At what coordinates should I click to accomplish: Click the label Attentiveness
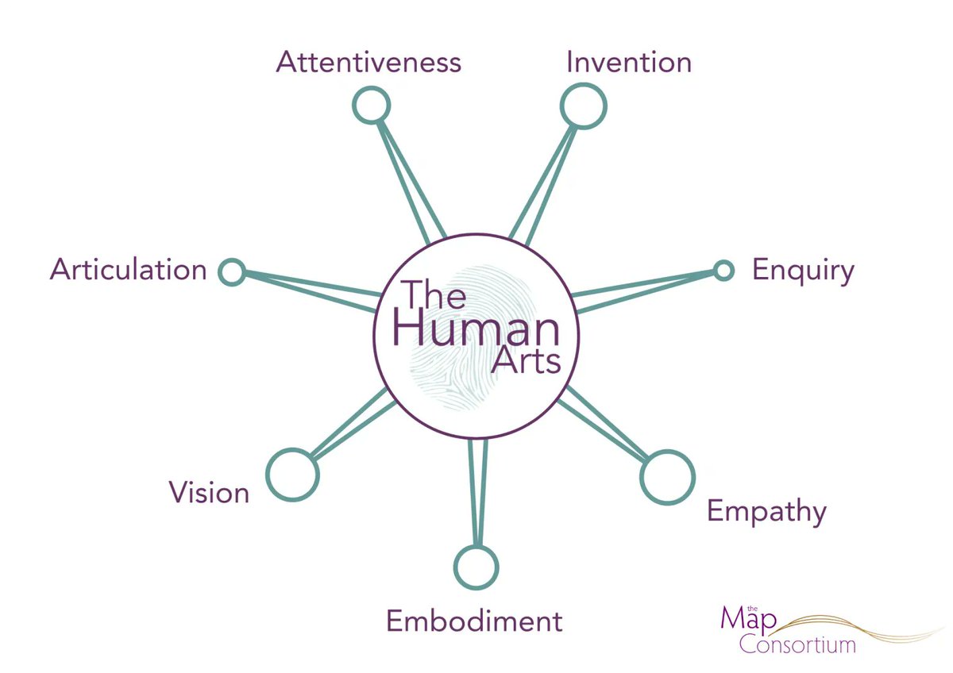tap(368, 62)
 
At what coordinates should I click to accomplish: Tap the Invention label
tap(628, 62)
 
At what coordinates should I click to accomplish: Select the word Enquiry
tap(803, 271)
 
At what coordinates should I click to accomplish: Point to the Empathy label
tap(766, 511)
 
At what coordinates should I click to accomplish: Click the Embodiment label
tap(474, 621)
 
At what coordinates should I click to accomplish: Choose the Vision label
tap(209, 493)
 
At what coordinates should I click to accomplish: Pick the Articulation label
tap(129, 270)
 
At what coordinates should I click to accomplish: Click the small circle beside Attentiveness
tap(371, 106)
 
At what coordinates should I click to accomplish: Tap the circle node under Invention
tap(584, 106)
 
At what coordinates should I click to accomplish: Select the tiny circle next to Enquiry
tap(723, 271)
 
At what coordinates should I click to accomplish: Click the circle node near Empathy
tap(668, 477)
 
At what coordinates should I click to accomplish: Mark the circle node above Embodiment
tap(476, 567)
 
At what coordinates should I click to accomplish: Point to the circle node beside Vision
tap(292, 475)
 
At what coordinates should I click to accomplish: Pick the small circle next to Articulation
tap(232, 272)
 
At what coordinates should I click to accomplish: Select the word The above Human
tap(434, 296)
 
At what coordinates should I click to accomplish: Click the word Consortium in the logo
tap(797, 643)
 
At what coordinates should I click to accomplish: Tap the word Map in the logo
tap(743, 620)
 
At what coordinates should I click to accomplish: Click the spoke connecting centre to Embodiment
tap(476, 492)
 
